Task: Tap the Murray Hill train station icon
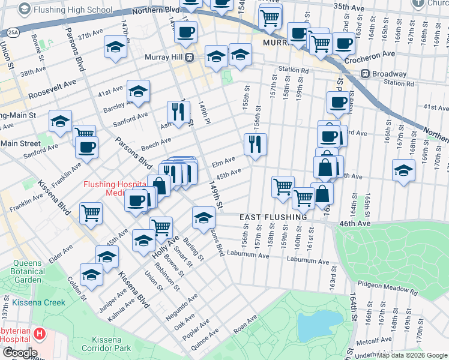[189, 57]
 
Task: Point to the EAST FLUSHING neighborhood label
[273, 217]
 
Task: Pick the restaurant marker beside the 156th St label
[255, 144]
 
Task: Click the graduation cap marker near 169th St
[403, 170]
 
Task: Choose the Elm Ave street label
[223, 163]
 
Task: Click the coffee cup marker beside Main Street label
[86, 148]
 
